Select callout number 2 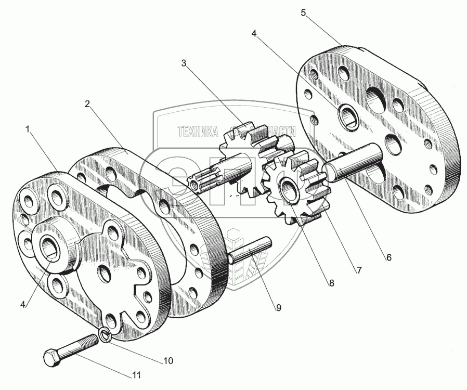click(88, 103)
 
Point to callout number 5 click(303, 12)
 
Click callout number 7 click(359, 270)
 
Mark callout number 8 click(331, 283)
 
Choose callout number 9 click(278, 307)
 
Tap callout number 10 click(169, 360)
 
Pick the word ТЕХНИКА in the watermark click(198, 132)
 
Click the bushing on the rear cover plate click(347, 115)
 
